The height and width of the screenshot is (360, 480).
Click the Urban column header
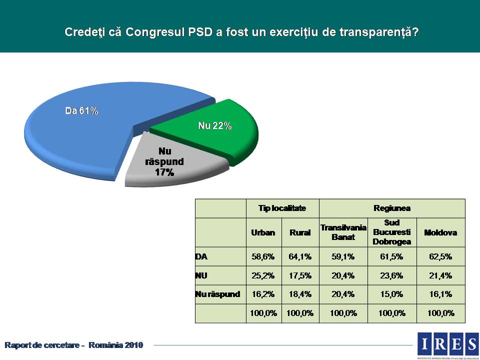(263, 232)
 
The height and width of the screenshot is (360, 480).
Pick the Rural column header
(300, 232)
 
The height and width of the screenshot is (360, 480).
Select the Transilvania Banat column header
(343, 232)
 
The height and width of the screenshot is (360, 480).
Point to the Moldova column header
(440, 232)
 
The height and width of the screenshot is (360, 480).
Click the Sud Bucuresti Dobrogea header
(392, 232)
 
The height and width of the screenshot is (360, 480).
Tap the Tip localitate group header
(282, 208)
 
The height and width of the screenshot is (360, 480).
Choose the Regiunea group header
(392, 208)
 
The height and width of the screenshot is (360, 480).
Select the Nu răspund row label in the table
(217, 294)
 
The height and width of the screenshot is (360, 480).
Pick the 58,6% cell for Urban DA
(263, 257)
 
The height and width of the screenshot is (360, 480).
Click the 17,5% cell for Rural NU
(300, 275)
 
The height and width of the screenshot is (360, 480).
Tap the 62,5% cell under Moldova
(440, 257)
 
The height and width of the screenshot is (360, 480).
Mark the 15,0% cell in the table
(392, 294)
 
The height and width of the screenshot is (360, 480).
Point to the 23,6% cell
(392, 275)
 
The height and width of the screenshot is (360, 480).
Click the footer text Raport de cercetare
(43, 345)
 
